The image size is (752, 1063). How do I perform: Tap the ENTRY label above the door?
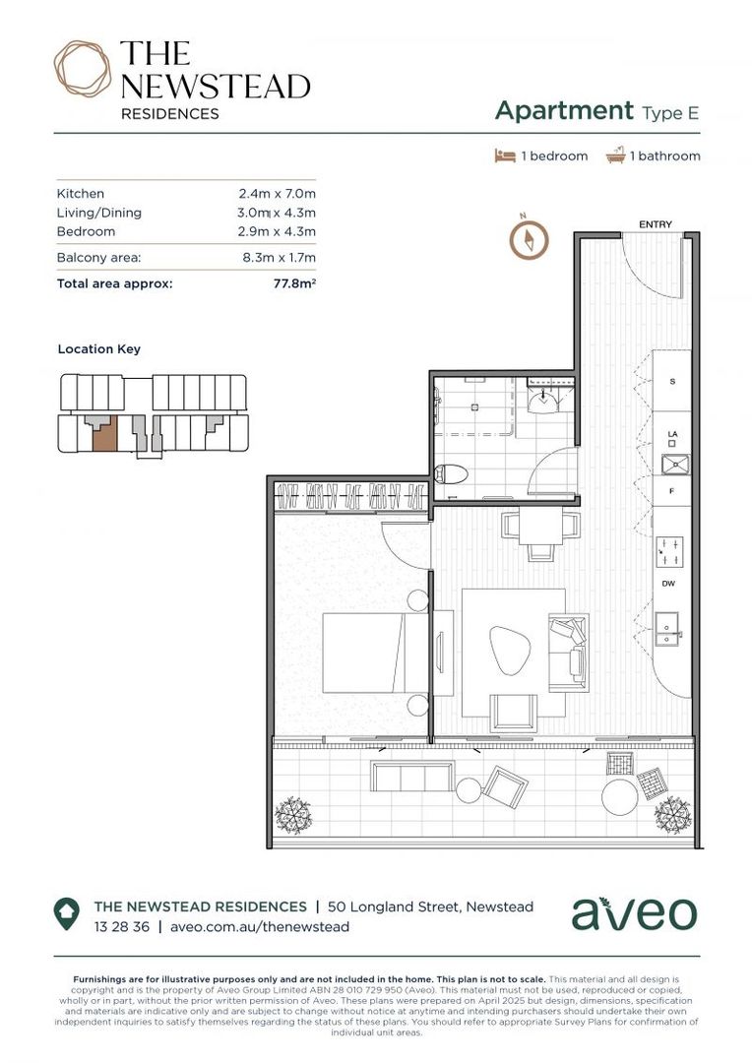(x=655, y=225)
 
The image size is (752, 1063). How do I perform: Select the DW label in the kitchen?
(x=667, y=584)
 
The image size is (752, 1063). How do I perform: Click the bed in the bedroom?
(x=364, y=653)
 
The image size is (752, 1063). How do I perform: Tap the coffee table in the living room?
(x=511, y=650)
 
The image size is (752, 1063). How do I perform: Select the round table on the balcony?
(x=620, y=796)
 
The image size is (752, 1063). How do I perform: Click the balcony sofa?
(x=411, y=777)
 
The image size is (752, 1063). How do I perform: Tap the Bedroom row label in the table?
(x=86, y=231)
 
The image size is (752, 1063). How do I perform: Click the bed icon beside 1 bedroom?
(x=504, y=156)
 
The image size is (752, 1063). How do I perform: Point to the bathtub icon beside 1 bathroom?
(x=616, y=156)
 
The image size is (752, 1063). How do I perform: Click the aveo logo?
(x=633, y=913)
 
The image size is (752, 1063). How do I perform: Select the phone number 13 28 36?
(x=121, y=926)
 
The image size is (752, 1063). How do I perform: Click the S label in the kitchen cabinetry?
(x=672, y=380)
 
